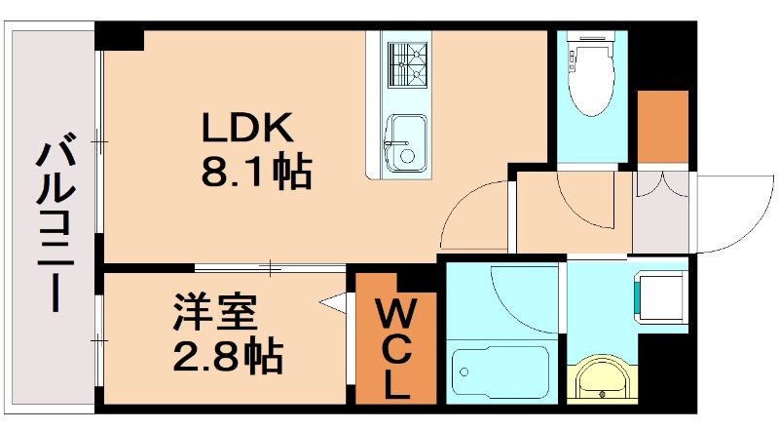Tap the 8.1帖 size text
pyautogui.click(x=255, y=173)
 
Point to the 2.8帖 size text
pyautogui.click(x=229, y=357)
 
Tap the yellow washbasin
pyautogui.click(x=602, y=380)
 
